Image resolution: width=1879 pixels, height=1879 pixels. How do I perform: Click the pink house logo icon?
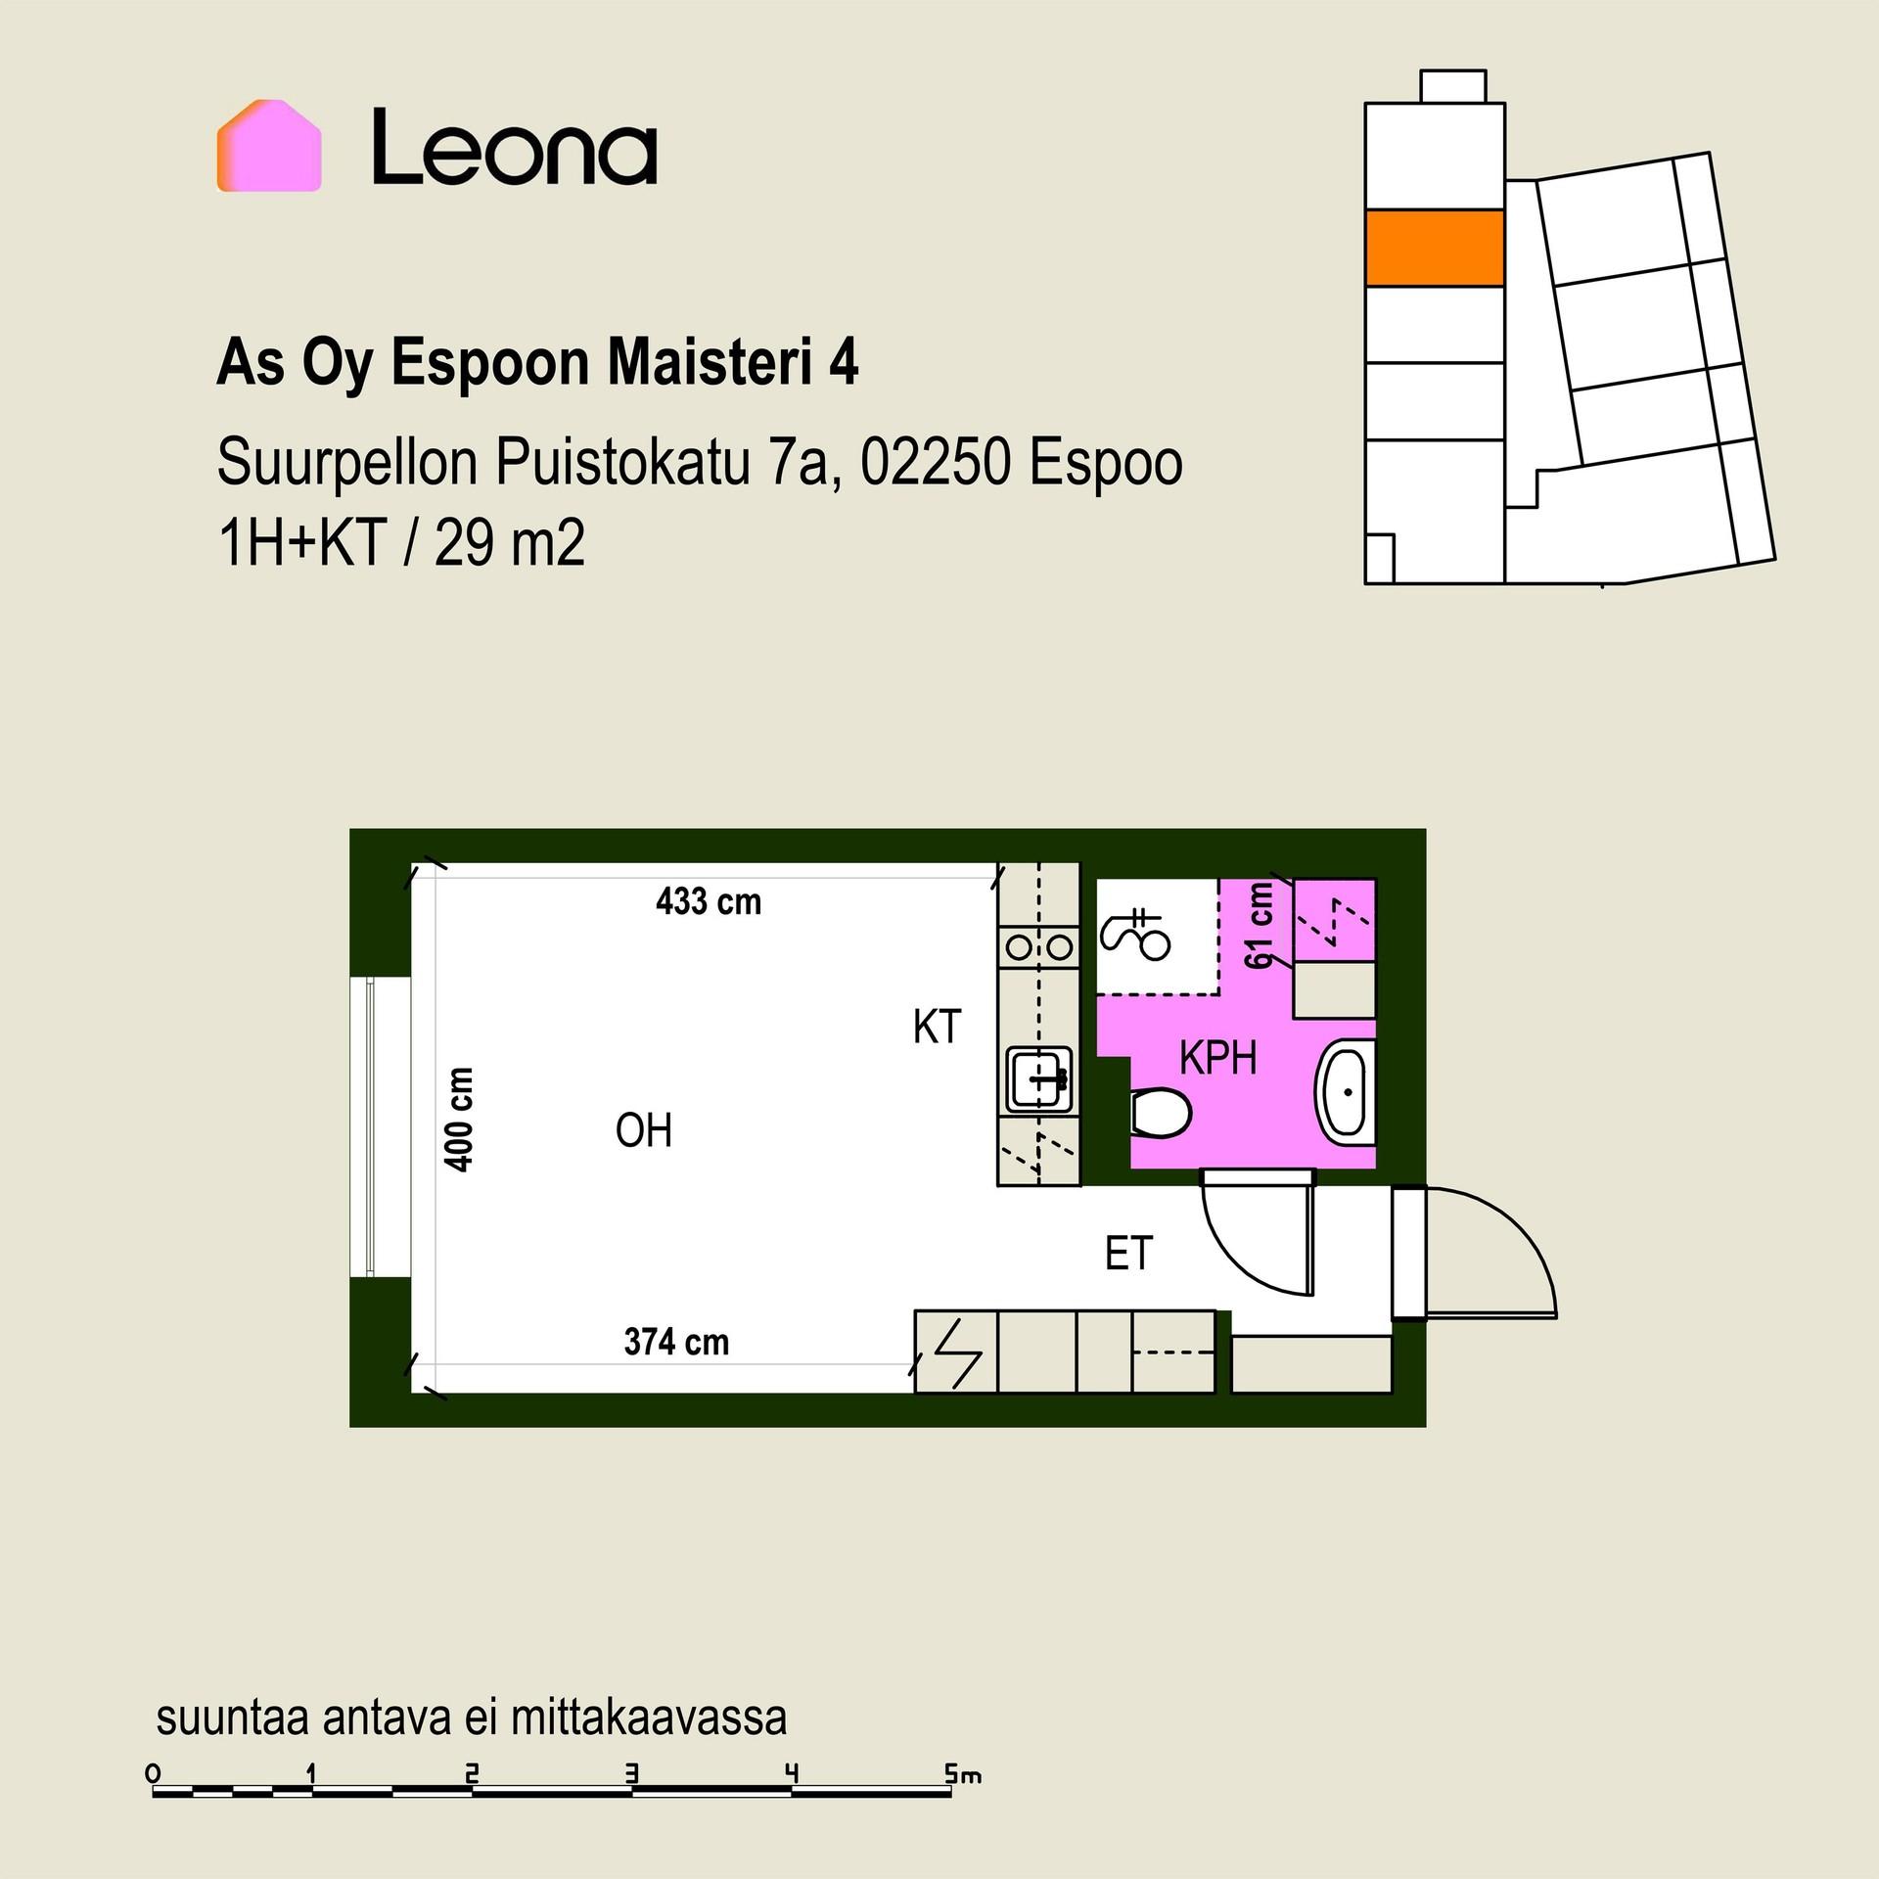(x=269, y=145)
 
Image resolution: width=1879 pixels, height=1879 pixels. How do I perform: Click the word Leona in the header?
(x=515, y=147)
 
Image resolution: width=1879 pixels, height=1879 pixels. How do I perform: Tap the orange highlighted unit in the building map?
(x=1434, y=248)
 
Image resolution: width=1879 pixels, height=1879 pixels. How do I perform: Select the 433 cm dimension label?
(x=709, y=901)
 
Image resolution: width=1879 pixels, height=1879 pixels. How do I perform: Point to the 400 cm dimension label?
(x=459, y=1120)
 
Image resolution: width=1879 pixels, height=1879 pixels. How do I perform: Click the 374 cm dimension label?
(x=676, y=1342)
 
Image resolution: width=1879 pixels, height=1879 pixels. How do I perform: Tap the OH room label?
(x=644, y=1131)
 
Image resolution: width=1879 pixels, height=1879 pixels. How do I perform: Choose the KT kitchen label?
(x=937, y=1028)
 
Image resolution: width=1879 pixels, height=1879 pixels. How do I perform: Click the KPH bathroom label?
(x=1217, y=1058)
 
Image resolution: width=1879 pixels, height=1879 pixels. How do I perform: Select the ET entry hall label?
(x=1128, y=1254)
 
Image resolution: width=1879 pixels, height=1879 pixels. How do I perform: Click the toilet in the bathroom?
(x=1161, y=1114)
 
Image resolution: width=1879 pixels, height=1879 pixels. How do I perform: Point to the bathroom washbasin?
(x=1348, y=1090)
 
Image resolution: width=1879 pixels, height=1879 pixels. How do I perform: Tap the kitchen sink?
(x=1040, y=1079)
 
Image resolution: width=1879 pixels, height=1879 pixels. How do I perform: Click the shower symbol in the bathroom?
(x=1135, y=935)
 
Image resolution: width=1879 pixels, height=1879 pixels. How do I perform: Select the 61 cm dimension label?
(x=1260, y=926)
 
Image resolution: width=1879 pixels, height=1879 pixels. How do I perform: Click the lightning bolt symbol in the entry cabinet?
(x=958, y=1353)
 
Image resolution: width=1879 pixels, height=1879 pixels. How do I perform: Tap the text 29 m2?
(x=509, y=544)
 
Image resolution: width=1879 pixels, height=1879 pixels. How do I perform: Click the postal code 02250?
(x=936, y=463)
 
